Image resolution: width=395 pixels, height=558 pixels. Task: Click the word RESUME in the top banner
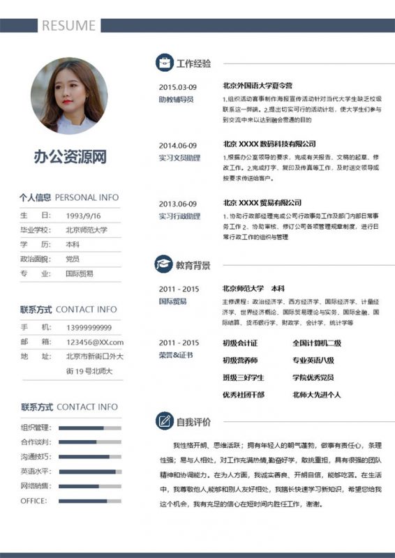(x=68, y=26)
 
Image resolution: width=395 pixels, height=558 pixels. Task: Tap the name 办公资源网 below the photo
(x=70, y=157)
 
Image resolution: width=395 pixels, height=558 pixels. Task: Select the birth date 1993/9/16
(x=84, y=216)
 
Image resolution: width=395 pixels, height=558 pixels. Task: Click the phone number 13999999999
(x=89, y=327)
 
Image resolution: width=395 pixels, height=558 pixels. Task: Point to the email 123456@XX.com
(x=95, y=342)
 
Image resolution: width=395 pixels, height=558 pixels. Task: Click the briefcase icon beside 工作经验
(x=164, y=63)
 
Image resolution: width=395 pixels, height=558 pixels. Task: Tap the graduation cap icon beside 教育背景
(x=164, y=265)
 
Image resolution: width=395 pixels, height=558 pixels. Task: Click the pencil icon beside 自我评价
(x=164, y=421)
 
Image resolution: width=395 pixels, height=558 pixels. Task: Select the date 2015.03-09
(x=178, y=87)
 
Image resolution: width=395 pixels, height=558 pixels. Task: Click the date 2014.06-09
(x=178, y=145)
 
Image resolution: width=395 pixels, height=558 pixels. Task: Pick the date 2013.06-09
(x=178, y=204)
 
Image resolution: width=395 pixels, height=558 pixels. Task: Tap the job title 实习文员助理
(x=179, y=158)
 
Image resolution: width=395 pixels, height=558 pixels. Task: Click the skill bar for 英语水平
(x=90, y=472)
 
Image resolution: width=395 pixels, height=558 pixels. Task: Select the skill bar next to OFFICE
(x=90, y=501)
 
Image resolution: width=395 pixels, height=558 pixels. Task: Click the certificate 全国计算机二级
(x=317, y=342)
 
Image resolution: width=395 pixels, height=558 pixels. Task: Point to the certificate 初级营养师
(x=240, y=360)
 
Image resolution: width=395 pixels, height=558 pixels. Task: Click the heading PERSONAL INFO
(x=87, y=197)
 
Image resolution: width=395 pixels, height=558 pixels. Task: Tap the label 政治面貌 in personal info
(x=36, y=259)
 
